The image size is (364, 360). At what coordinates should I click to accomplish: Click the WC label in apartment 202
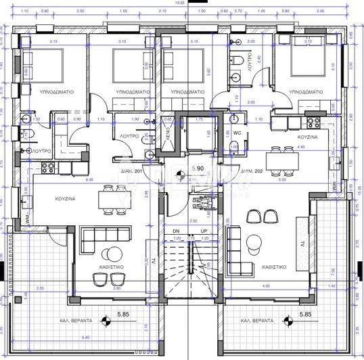[x=237, y=133]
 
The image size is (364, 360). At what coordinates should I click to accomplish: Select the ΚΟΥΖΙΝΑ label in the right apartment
[x=309, y=136]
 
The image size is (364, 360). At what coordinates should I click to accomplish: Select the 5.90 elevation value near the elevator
[x=198, y=168]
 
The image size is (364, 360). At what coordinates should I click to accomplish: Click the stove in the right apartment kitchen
[x=314, y=122]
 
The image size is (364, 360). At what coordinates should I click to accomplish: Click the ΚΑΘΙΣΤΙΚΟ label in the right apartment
[x=277, y=267]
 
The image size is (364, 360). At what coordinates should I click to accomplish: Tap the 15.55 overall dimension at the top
[x=180, y=4]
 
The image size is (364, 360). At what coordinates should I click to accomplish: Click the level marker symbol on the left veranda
[x=106, y=317]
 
